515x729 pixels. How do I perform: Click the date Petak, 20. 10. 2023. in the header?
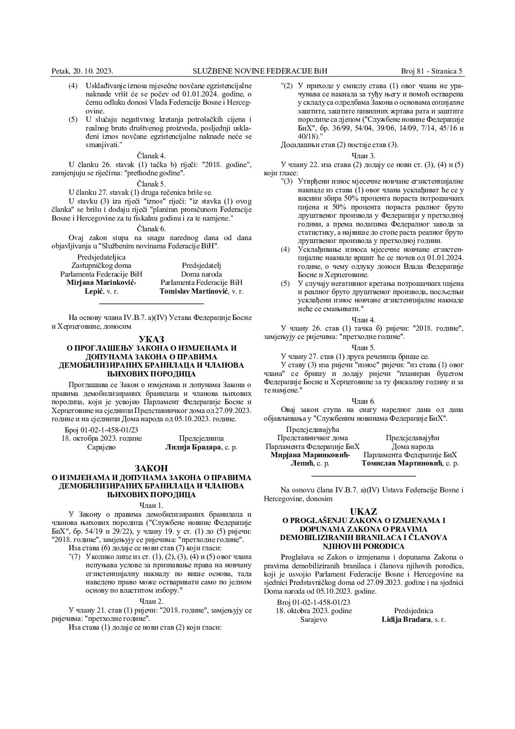[x=82, y=71]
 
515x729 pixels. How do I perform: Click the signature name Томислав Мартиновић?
[x=402, y=464]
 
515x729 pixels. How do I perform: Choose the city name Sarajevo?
[x=313, y=620]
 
